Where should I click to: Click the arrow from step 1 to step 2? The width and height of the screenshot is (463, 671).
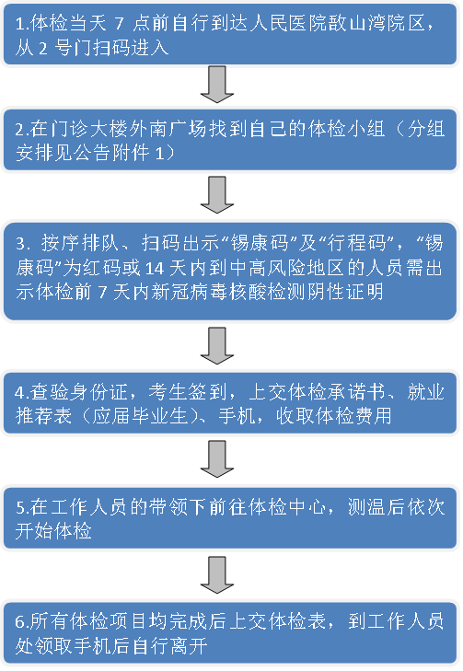(217, 85)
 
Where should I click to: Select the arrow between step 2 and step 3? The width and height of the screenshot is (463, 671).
(217, 195)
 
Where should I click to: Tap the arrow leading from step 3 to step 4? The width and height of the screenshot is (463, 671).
(217, 346)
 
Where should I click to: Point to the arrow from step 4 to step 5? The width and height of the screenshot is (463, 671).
(217, 459)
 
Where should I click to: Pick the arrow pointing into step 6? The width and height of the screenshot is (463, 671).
(217, 574)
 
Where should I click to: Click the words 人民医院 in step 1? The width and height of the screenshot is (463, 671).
(288, 23)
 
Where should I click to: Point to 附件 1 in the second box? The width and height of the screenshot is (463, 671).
(138, 153)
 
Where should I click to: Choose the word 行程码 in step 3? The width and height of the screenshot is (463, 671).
(357, 243)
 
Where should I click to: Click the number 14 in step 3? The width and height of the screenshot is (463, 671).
(155, 268)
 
